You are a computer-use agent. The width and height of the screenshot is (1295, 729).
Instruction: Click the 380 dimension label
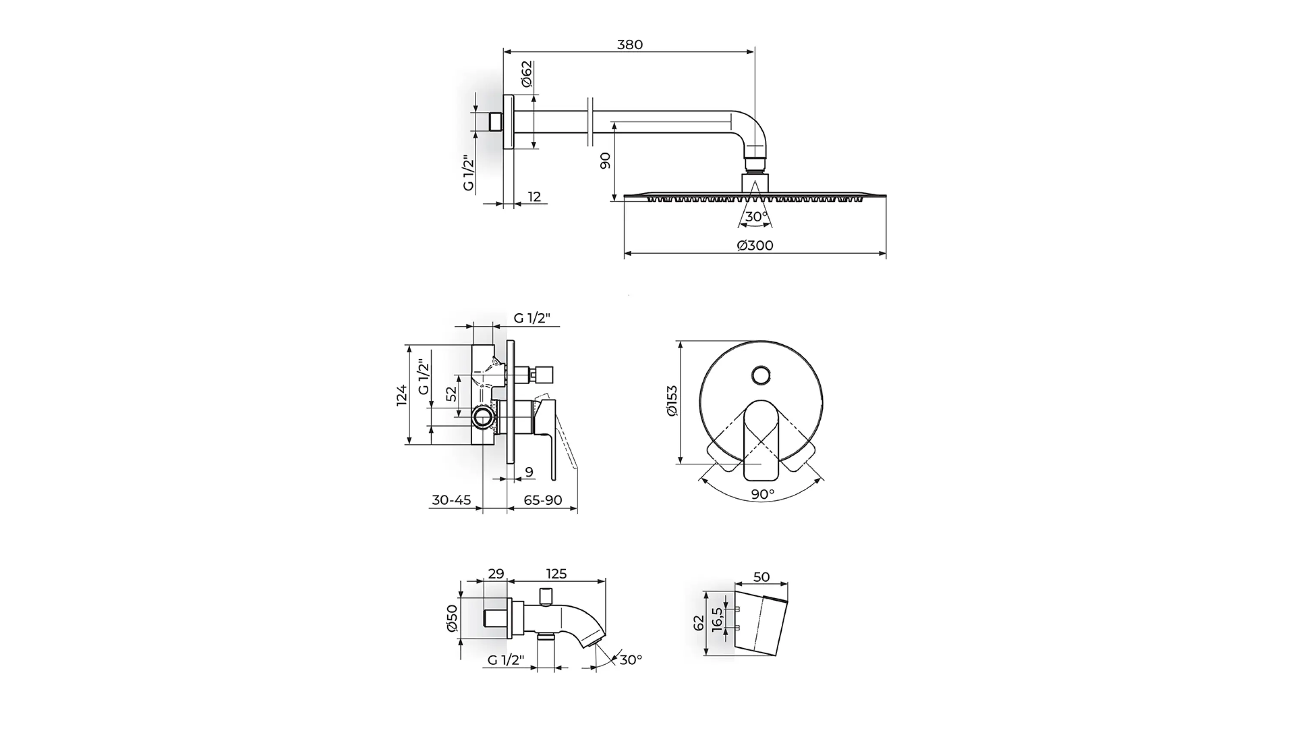[630, 45]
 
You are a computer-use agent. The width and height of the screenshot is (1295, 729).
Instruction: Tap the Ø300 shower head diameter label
[755, 245]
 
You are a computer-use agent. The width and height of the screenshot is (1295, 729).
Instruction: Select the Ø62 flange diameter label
[526, 74]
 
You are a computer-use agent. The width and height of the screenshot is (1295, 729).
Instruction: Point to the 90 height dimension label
[605, 160]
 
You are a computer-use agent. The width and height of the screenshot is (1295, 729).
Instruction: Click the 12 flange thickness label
[534, 197]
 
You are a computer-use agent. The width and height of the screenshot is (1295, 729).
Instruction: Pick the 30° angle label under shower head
[757, 217]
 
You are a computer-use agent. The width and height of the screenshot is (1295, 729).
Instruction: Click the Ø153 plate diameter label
[672, 401]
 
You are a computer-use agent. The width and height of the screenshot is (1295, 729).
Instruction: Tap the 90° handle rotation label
[763, 494]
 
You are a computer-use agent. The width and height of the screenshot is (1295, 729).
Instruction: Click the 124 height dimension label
[402, 395]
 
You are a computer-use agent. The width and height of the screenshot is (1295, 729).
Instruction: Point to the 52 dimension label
[452, 393]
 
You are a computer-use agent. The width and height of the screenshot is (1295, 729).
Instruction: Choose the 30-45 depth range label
[452, 500]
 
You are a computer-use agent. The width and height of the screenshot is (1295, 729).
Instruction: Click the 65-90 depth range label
[543, 500]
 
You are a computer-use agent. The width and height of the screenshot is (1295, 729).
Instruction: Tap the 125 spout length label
[556, 574]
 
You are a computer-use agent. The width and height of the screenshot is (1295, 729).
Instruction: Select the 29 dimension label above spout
[496, 574]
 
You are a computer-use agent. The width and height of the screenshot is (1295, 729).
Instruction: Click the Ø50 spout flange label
[452, 618]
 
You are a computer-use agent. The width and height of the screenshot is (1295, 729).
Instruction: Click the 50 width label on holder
[761, 577]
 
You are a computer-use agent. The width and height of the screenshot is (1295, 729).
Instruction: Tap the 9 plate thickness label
[529, 472]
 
